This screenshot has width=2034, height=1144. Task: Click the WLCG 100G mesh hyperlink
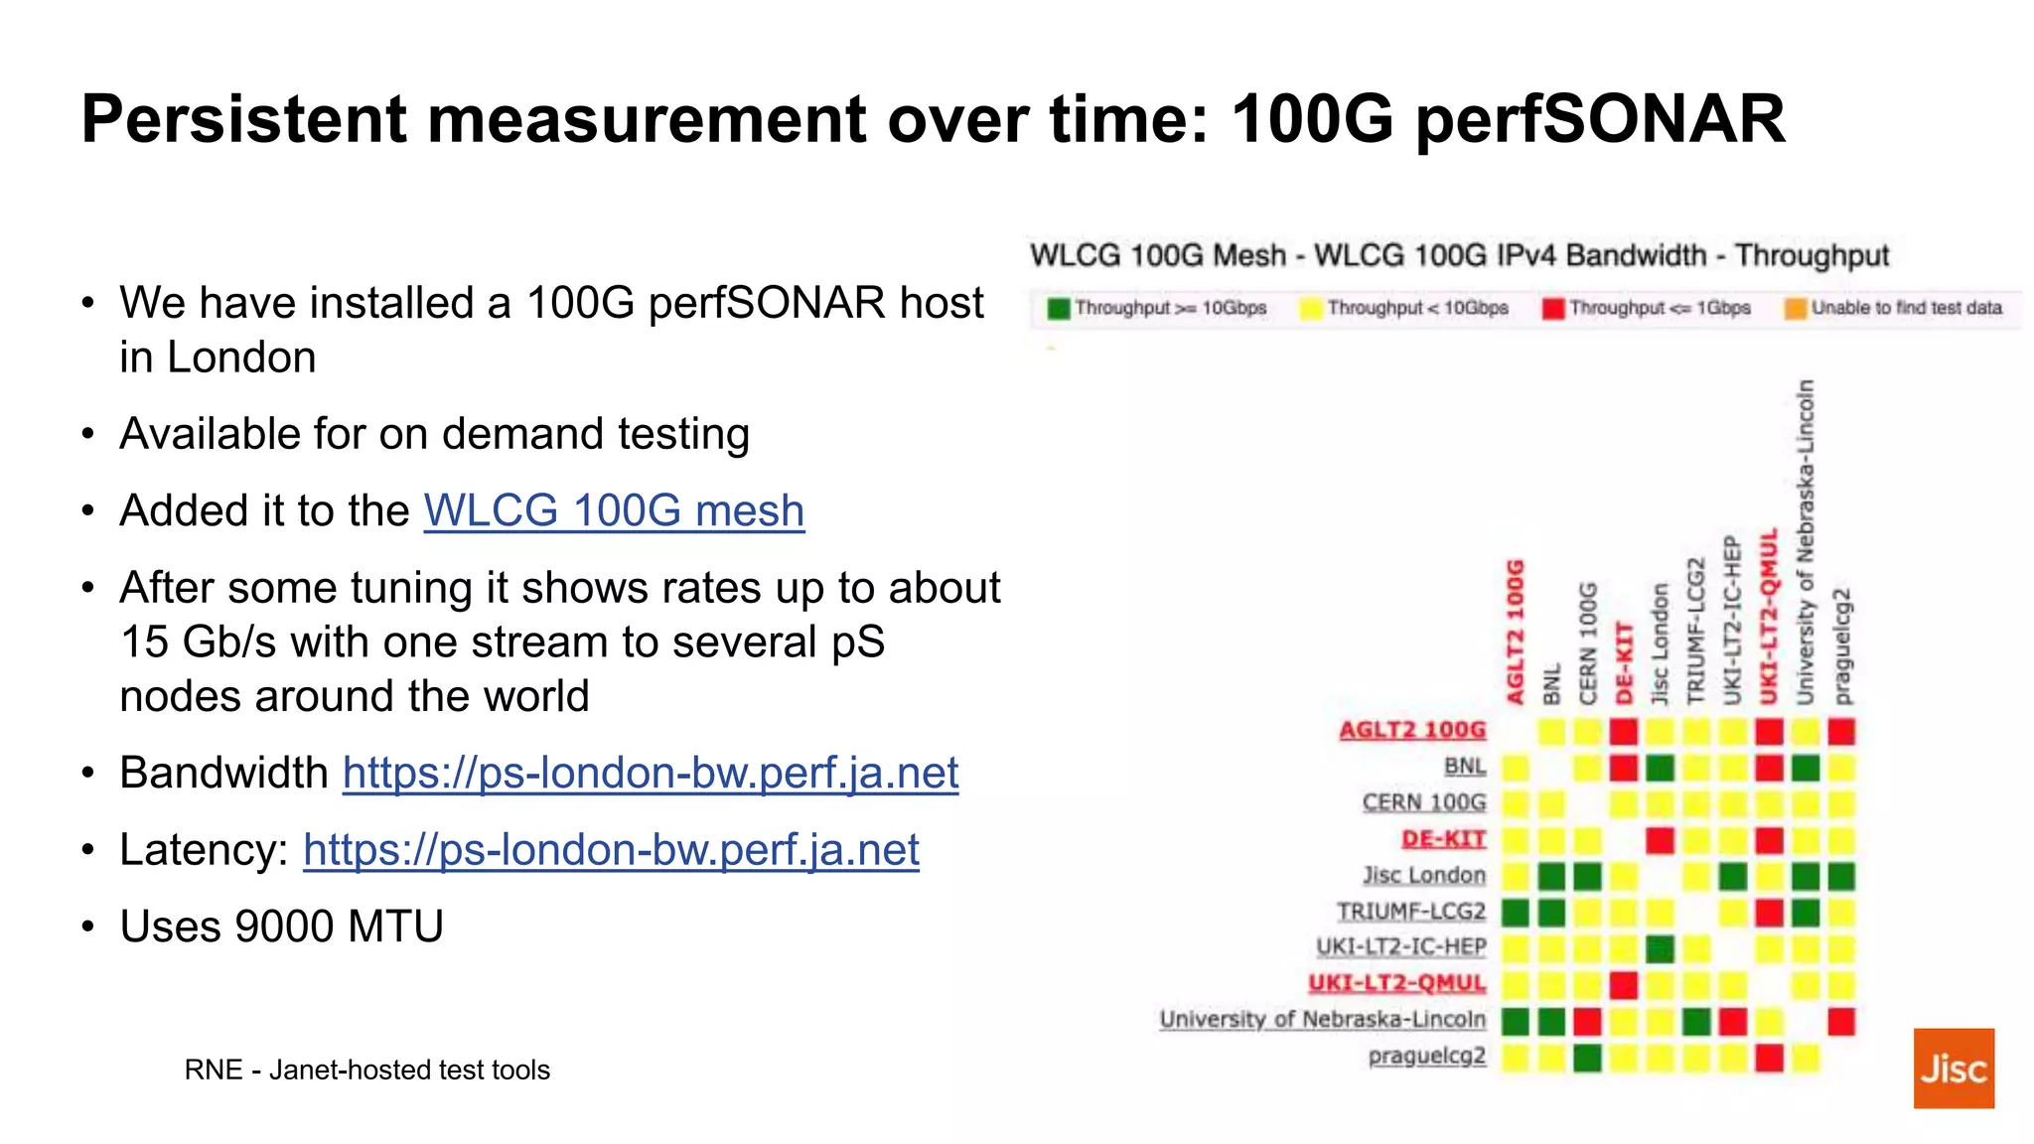pyautogui.click(x=614, y=511)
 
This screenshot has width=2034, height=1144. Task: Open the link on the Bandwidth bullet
pyautogui.click(x=651, y=774)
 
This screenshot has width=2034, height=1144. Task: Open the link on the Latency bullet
pyautogui.click(x=611, y=850)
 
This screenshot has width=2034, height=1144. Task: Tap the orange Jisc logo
pyautogui.click(x=1954, y=1069)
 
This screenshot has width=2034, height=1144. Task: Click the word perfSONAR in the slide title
pyautogui.click(x=1599, y=119)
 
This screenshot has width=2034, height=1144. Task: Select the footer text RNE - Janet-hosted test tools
pyautogui.click(x=366, y=1070)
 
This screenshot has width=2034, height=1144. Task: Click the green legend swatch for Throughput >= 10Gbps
pyautogui.click(x=1059, y=309)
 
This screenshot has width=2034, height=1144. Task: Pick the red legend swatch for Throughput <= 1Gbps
pyautogui.click(x=1553, y=309)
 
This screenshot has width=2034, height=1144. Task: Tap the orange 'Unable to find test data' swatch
pyautogui.click(x=1795, y=309)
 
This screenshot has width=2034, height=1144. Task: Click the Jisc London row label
pyautogui.click(x=1424, y=876)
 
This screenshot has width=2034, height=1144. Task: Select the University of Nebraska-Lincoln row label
pyautogui.click(x=1322, y=1020)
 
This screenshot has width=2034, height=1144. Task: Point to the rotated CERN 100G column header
pyautogui.click(x=1588, y=643)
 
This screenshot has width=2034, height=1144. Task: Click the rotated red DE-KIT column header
pyautogui.click(x=1625, y=662)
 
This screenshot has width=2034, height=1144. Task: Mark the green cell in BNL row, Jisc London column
pyautogui.click(x=1660, y=768)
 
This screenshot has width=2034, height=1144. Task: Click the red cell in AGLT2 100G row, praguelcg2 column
pyautogui.click(x=1841, y=732)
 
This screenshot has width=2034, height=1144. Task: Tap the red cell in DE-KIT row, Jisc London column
pyautogui.click(x=1660, y=840)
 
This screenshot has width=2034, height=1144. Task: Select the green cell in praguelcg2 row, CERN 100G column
pyautogui.click(x=1587, y=1058)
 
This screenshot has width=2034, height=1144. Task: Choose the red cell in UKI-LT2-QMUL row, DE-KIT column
pyautogui.click(x=1624, y=985)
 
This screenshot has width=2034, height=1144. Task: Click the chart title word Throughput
pyautogui.click(x=1812, y=256)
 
